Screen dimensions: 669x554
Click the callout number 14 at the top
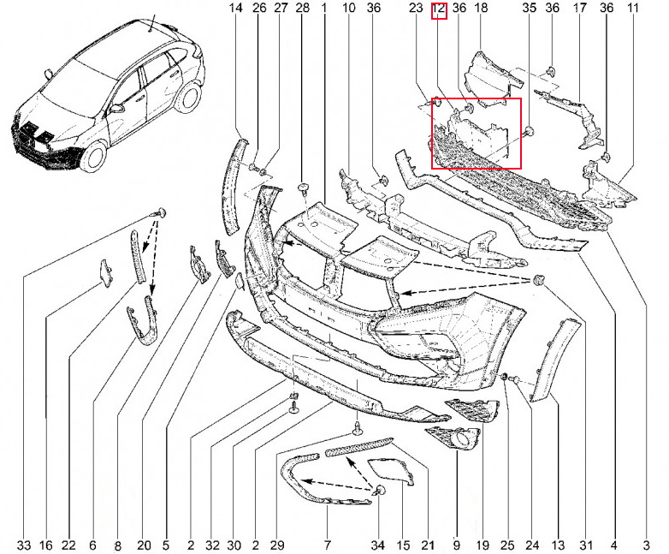[235, 8]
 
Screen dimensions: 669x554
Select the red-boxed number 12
[439, 9]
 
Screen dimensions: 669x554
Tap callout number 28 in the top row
[302, 8]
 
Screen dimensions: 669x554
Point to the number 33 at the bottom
[24, 545]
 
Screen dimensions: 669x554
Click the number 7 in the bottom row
[328, 545]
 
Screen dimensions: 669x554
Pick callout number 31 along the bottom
[586, 545]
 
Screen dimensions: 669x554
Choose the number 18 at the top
[481, 8]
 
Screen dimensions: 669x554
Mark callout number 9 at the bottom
[457, 545]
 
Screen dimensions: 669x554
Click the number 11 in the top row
[633, 8]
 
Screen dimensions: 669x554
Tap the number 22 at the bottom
[68, 545]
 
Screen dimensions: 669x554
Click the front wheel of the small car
[93, 157]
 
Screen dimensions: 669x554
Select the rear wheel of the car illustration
[188, 97]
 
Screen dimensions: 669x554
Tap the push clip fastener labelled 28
[303, 188]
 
